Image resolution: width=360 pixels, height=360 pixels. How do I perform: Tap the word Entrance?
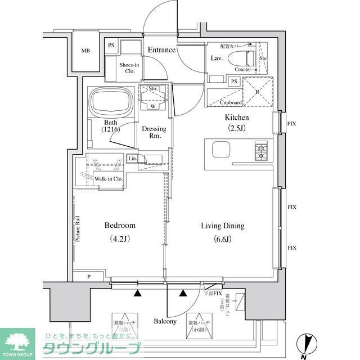point(161,50)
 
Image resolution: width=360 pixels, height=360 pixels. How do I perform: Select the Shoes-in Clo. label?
point(129,67)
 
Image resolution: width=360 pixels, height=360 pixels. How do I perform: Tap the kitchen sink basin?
point(220,151)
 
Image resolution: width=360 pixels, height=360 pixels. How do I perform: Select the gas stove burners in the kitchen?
point(262,151)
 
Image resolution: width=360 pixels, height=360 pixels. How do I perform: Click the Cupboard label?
point(231,102)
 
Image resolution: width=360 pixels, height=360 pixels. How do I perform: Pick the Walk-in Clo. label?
point(109,179)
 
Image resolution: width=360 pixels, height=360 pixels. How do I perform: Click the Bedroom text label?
point(120,226)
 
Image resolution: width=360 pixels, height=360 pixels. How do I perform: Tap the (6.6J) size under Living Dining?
point(223,240)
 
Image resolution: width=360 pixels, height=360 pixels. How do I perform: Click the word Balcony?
point(165,322)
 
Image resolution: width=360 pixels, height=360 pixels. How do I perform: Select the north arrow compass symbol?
point(304,343)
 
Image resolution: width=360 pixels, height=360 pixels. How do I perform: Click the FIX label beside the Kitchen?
point(292,123)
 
